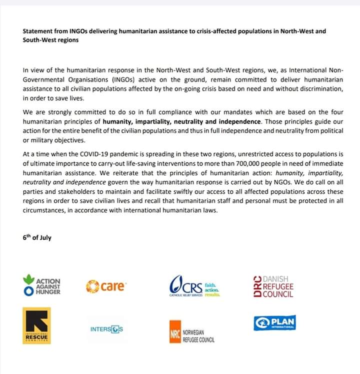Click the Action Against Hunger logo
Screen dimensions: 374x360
click(x=42, y=286)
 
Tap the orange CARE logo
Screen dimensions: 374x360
click(x=106, y=287)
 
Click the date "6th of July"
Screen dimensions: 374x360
click(x=37, y=237)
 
